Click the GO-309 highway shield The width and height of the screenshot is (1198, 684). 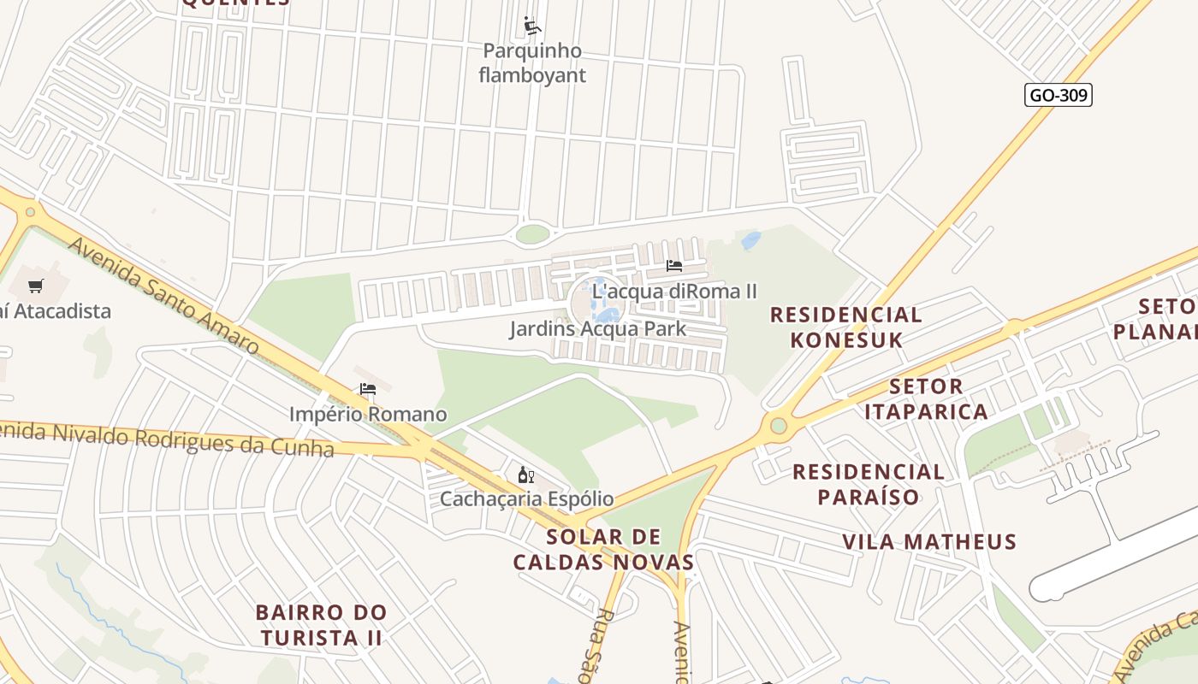point(1058,95)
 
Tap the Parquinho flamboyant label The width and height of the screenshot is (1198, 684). point(532,63)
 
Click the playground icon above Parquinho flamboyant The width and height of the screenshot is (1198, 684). point(531,26)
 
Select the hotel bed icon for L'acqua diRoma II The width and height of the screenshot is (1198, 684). point(674,266)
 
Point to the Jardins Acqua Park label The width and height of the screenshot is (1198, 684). point(597,328)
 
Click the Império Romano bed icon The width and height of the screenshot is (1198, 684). point(368,389)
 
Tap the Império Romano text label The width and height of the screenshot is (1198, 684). point(368,415)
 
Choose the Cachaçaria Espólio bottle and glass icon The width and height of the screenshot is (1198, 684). point(525,475)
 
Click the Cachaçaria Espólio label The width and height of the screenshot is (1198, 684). point(526,498)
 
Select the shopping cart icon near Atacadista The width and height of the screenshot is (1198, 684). point(35,286)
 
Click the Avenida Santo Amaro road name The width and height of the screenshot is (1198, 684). point(163,296)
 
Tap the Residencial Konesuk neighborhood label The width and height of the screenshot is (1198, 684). point(845,327)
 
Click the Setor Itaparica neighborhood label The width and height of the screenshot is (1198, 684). point(926,398)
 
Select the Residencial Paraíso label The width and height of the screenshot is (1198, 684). point(868,484)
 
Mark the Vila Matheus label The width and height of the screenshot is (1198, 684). point(929,541)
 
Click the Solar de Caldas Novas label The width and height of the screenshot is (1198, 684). point(603,549)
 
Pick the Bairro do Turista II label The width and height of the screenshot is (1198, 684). point(321,625)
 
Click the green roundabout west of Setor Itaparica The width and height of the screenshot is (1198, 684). point(778,425)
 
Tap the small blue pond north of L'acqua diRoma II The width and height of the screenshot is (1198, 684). point(750,240)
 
